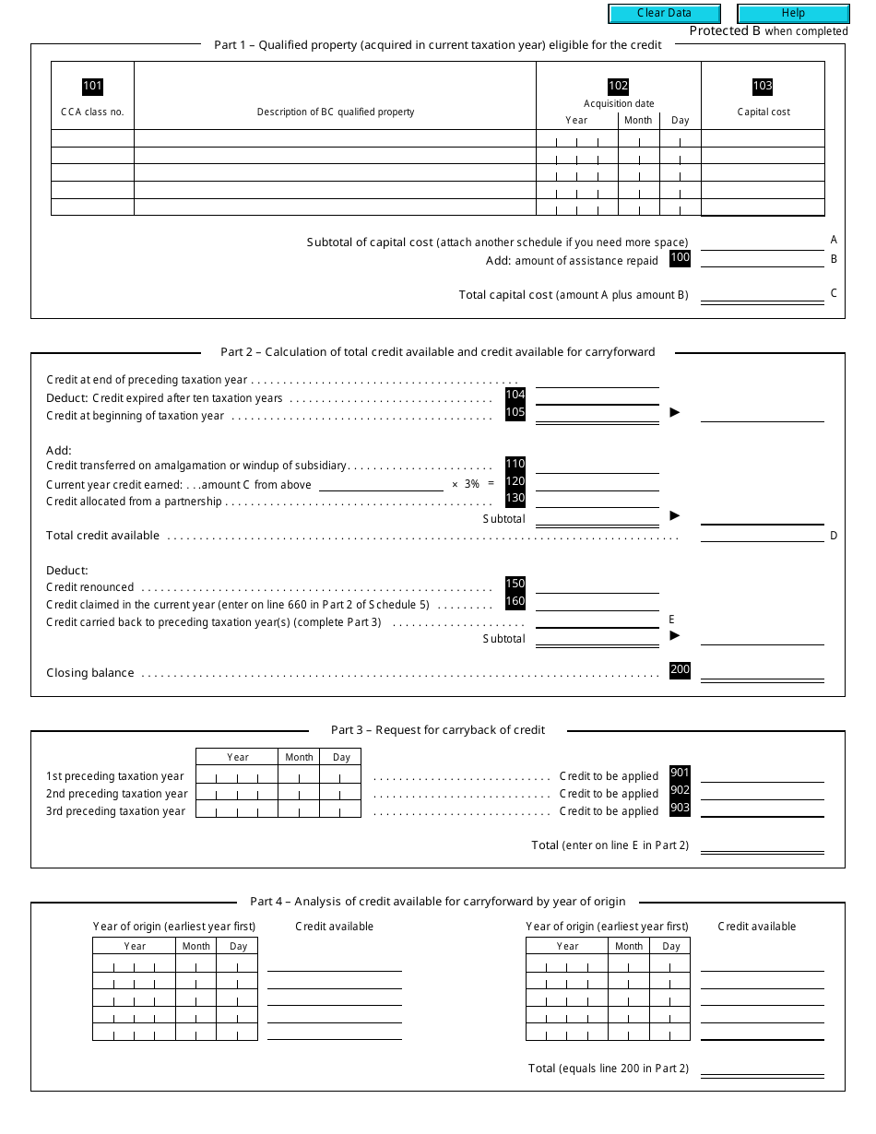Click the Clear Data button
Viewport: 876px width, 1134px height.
click(664, 13)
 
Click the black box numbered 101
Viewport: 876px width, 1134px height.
click(92, 87)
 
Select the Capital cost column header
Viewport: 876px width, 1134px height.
click(763, 112)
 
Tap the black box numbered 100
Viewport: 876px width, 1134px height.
click(680, 258)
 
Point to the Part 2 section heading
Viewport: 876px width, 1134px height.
click(437, 351)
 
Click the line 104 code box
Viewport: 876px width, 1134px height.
click(515, 395)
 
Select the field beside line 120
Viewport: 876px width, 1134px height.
click(597, 483)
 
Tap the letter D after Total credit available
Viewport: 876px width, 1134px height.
click(834, 536)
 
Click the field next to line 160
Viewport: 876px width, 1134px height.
click(597, 603)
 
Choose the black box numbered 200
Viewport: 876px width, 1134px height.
click(680, 670)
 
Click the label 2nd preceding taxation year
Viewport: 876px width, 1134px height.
click(116, 794)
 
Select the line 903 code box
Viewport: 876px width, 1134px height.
click(680, 808)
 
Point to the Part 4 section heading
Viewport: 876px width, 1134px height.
click(437, 902)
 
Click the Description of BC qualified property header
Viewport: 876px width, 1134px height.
click(336, 112)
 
